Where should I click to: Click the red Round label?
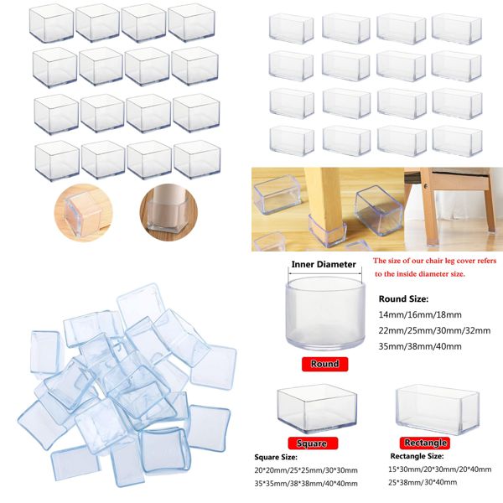[x=325, y=364]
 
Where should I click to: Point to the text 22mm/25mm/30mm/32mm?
[x=433, y=329]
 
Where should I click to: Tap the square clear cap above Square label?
[x=312, y=410]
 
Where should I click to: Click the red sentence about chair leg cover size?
[x=434, y=267]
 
